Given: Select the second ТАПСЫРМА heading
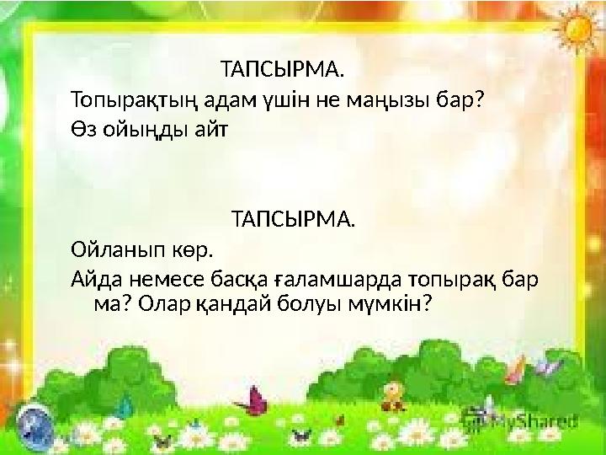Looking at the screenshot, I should pyautogui.click(x=293, y=220).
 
